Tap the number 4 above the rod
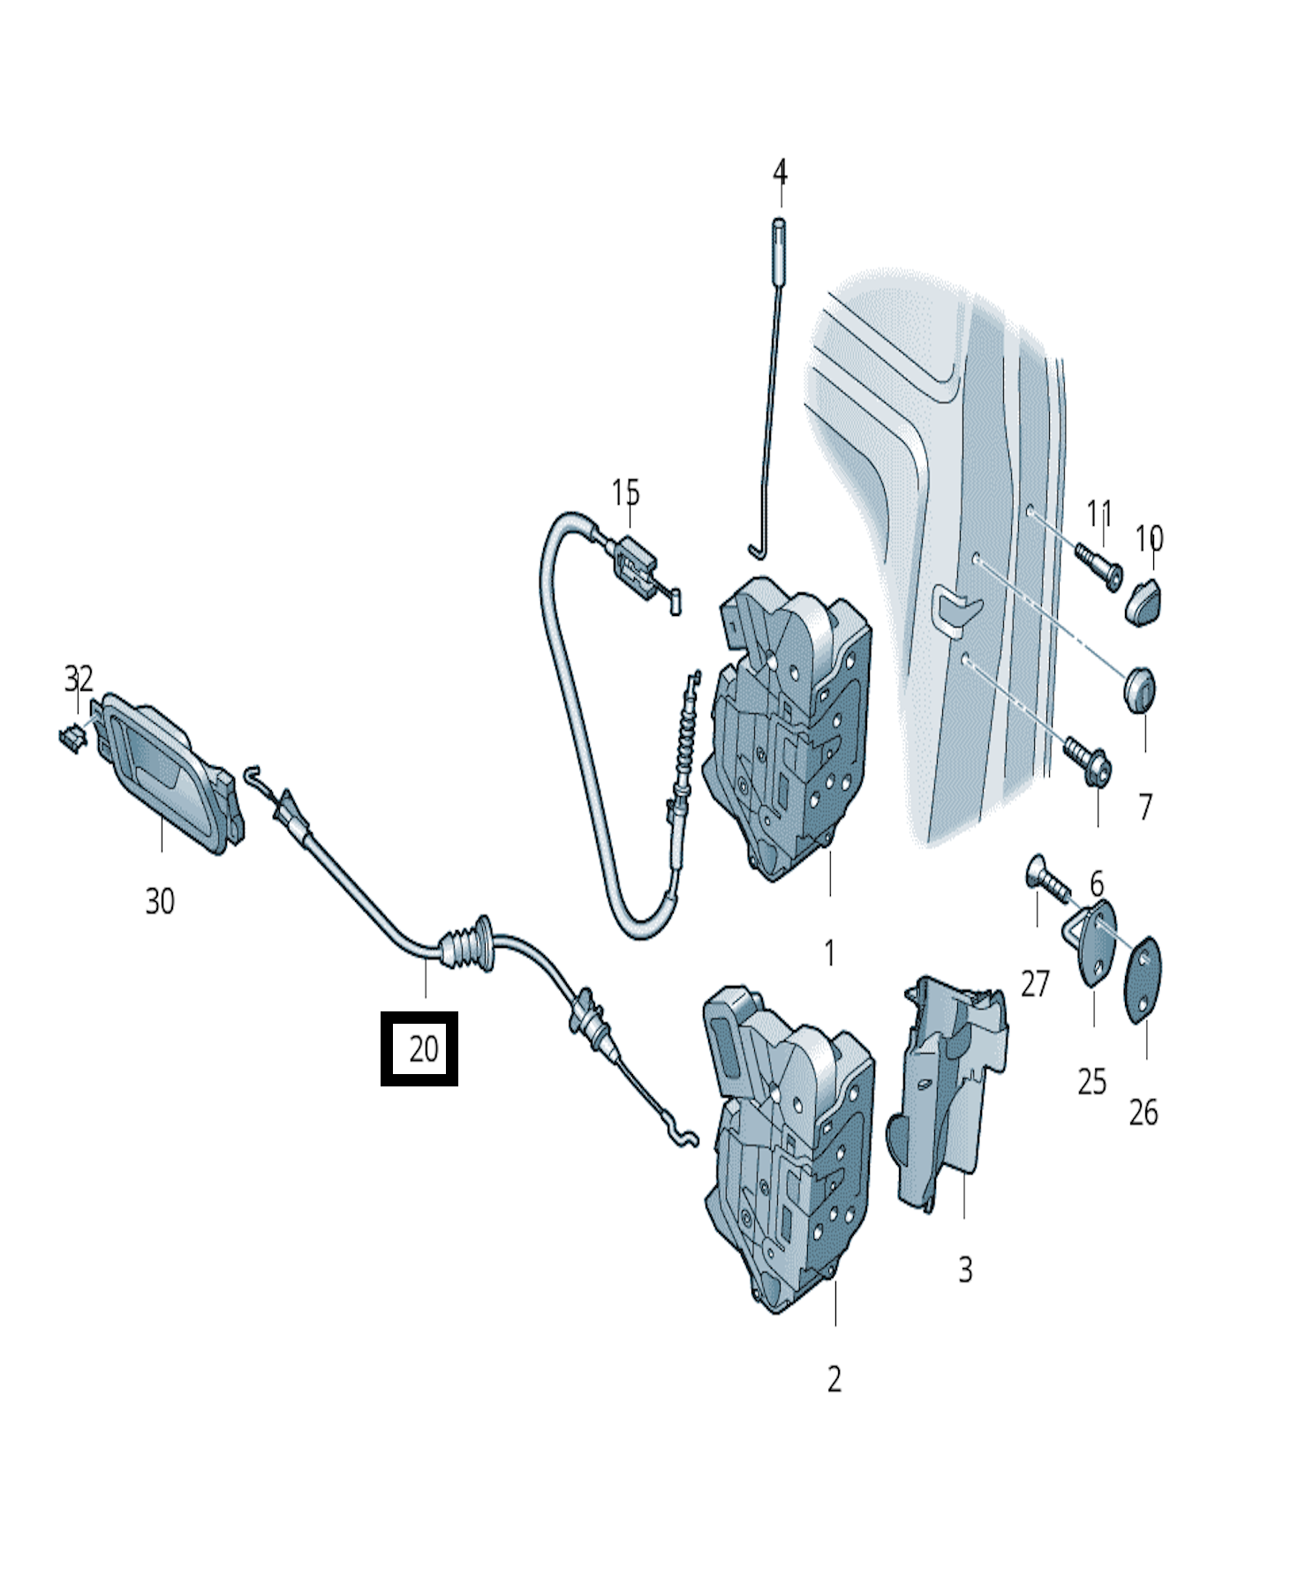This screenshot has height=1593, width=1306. tap(780, 174)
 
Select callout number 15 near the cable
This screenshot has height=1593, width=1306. tap(625, 492)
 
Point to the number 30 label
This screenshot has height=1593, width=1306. tap(160, 901)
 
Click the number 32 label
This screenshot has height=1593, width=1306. tap(79, 679)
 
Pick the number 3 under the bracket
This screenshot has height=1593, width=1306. tap(965, 1270)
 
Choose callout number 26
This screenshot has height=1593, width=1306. tap(1143, 1113)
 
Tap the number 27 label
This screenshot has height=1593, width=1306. tap(1035, 983)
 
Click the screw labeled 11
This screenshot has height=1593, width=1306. tap(1098, 564)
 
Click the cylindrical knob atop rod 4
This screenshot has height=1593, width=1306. tap(780, 246)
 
